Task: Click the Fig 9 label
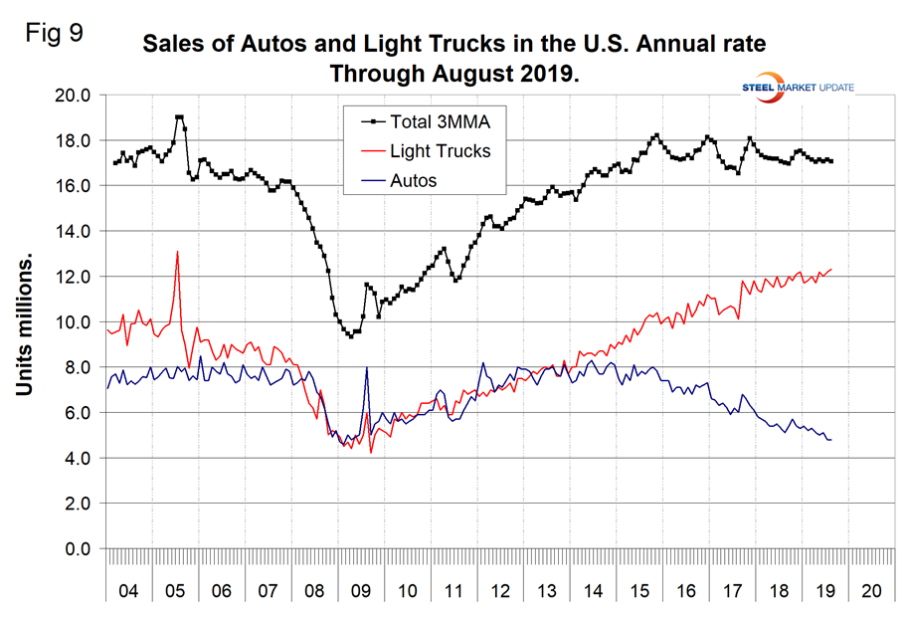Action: (55, 32)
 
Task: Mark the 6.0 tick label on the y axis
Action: (76, 412)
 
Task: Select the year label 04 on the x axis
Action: (128, 589)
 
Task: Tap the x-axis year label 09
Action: (361, 589)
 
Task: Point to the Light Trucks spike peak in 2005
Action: (178, 251)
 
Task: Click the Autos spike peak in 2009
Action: (367, 367)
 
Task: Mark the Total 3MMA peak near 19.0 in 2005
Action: (179, 117)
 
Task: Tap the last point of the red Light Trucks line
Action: (831, 269)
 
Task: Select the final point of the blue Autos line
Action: (830, 440)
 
